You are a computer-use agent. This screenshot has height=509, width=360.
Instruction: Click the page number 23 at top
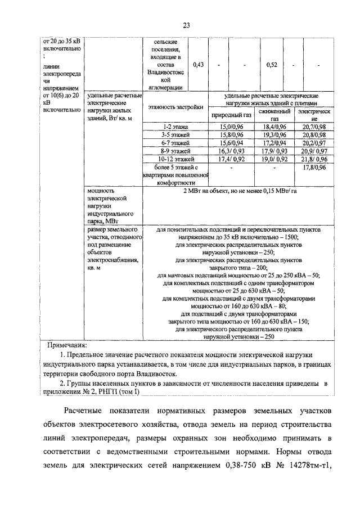(186, 24)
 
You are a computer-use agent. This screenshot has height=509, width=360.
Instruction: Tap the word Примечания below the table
(67, 344)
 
